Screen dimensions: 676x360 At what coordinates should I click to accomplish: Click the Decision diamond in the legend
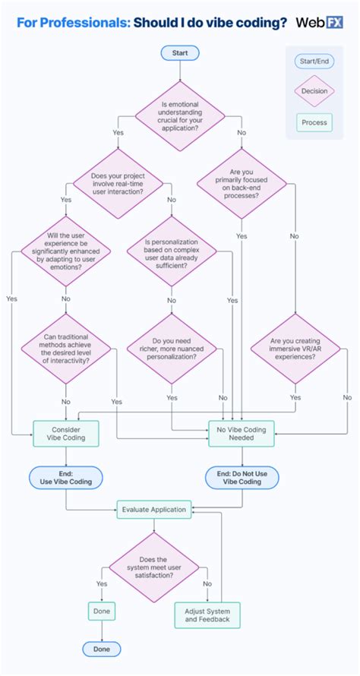pyautogui.click(x=314, y=91)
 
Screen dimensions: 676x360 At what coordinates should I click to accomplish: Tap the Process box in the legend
pyautogui.click(x=314, y=122)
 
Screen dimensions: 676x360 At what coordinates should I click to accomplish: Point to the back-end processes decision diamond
pyautogui.click(x=242, y=184)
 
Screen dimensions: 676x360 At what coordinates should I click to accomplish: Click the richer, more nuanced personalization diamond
pyautogui.click(x=171, y=349)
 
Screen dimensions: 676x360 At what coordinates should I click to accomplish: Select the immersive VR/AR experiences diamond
pyautogui.click(x=295, y=349)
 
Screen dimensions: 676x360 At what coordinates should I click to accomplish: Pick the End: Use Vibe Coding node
pyautogui.click(x=65, y=477)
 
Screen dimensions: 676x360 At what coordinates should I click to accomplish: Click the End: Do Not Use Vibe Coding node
pyautogui.click(x=242, y=477)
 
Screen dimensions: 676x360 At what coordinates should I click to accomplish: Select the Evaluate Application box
pyautogui.click(x=154, y=510)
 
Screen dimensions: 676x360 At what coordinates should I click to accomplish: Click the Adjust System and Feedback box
pyautogui.click(x=207, y=615)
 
